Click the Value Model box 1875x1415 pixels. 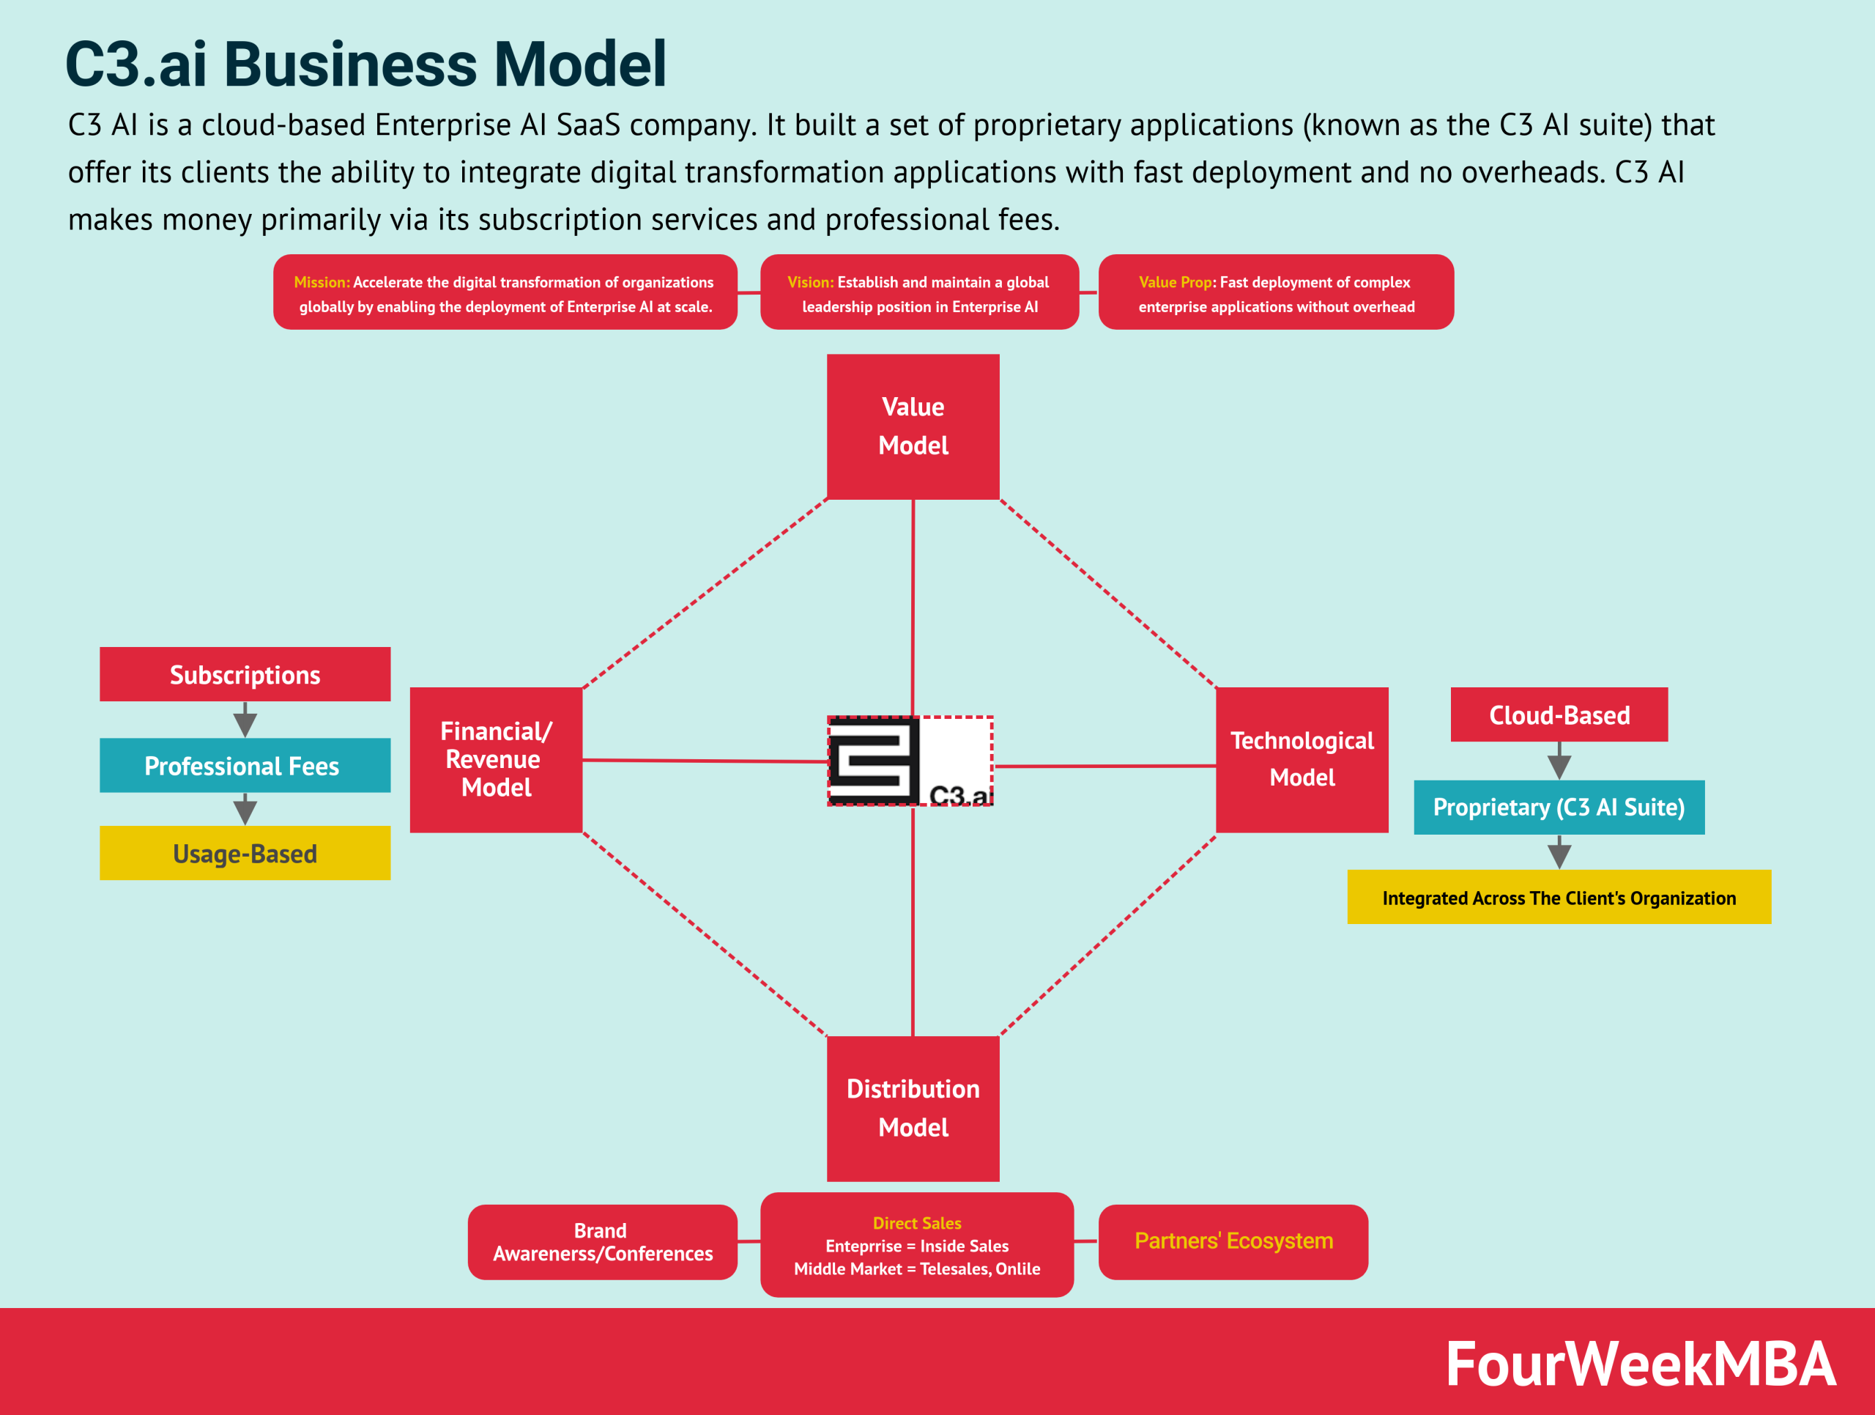tap(913, 426)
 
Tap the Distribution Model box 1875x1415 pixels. tap(913, 1108)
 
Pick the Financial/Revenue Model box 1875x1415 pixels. tap(496, 760)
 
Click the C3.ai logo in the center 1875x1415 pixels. tap(910, 761)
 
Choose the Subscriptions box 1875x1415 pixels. tap(245, 675)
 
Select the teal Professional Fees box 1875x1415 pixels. tap(245, 766)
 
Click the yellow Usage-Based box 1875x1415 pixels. tap(245, 853)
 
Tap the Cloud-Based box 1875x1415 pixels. tap(1559, 714)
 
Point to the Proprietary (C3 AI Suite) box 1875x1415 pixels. tap(1559, 807)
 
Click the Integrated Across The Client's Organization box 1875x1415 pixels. tap(1559, 897)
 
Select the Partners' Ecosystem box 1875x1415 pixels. tap(1233, 1241)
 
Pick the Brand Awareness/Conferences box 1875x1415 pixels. tap(602, 1242)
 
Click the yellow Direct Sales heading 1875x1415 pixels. tap(916, 1222)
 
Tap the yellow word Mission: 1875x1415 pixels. tap(322, 282)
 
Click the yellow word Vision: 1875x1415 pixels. tap(810, 282)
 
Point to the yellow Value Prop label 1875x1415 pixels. tap(1176, 282)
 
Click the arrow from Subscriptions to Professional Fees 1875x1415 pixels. tap(245, 720)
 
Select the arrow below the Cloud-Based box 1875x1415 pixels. tap(1559, 761)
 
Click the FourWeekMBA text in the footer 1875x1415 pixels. tap(1640, 1364)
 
